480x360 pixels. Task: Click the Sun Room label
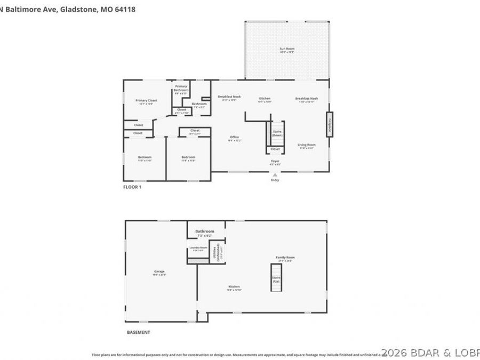(x=287, y=49)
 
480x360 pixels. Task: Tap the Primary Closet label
(x=146, y=101)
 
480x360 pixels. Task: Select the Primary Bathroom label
(x=181, y=88)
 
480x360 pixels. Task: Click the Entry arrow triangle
(x=275, y=174)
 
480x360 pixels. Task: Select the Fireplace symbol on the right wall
(x=330, y=124)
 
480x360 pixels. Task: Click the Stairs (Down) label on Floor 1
(x=277, y=133)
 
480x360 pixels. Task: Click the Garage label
(x=159, y=272)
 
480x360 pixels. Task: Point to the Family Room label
(x=285, y=258)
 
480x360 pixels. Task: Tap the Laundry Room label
(x=196, y=248)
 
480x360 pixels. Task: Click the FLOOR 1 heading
(x=132, y=187)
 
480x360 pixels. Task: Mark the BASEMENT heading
(x=138, y=332)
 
